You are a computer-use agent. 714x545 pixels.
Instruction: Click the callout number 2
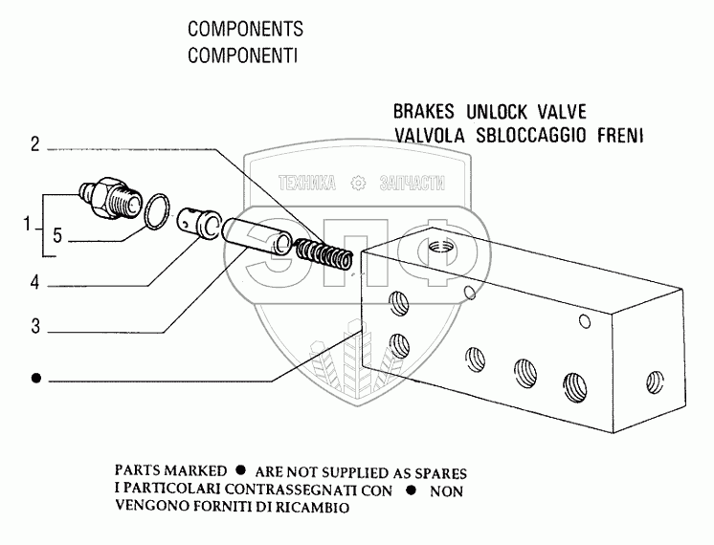pyautogui.click(x=34, y=145)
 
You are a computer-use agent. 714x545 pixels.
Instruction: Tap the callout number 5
pyautogui.click(x=57, y=238)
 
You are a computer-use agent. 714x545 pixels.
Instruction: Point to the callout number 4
pyautogui.click(x=34, y=283)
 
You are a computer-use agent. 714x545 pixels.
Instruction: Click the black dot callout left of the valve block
pyautogui.click(x=35, y=379)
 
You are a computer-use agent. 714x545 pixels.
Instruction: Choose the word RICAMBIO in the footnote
pyautogui.click(x=314, y=509)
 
